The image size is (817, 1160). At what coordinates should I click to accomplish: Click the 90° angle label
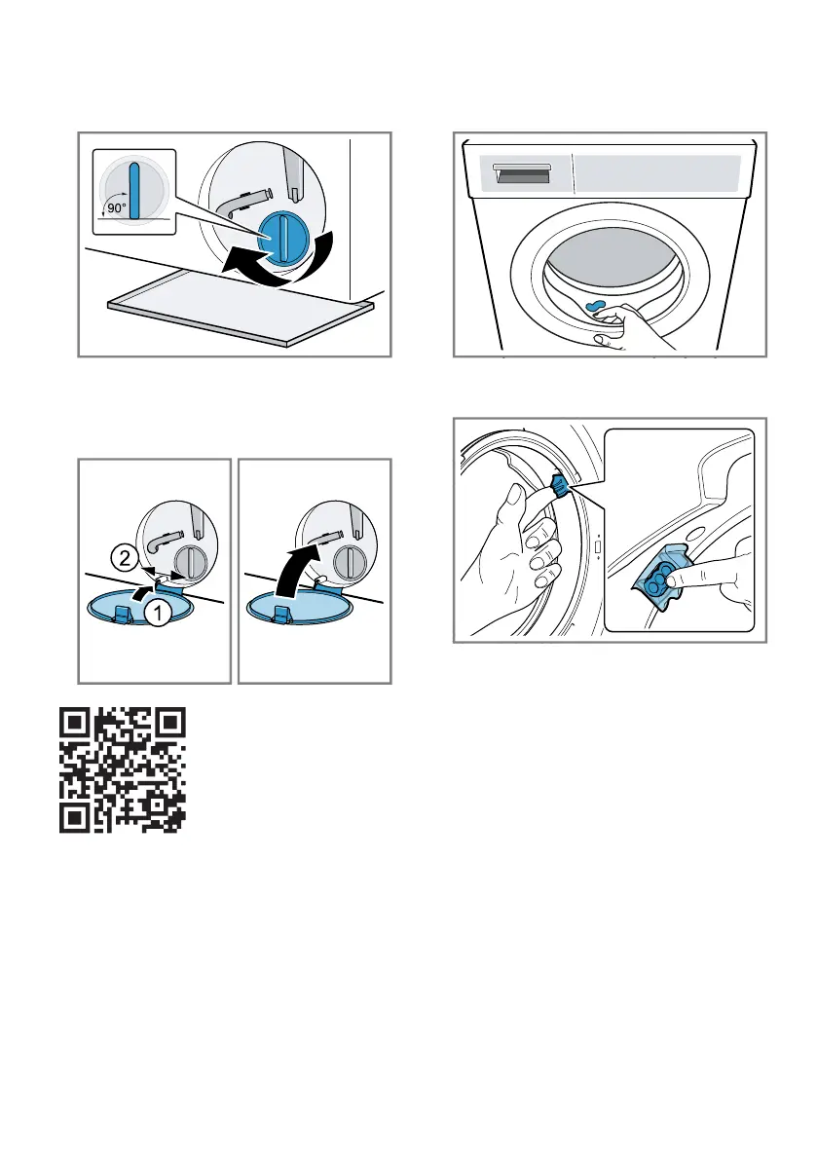[x=117, y=208]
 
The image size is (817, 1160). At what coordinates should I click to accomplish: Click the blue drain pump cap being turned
[x=280, y=237]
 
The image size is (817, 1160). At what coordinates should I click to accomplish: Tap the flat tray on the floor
[x=241, y=306]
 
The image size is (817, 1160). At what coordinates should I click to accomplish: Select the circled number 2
[x=125, y=557]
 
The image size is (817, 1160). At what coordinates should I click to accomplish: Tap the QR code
[x=122, y=770]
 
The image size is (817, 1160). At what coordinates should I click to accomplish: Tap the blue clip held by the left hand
[x=559, y=486]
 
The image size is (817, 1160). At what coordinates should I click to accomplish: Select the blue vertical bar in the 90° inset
[x=133, y=192]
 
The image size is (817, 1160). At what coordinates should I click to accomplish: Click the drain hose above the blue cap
[x=243, y=204]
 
